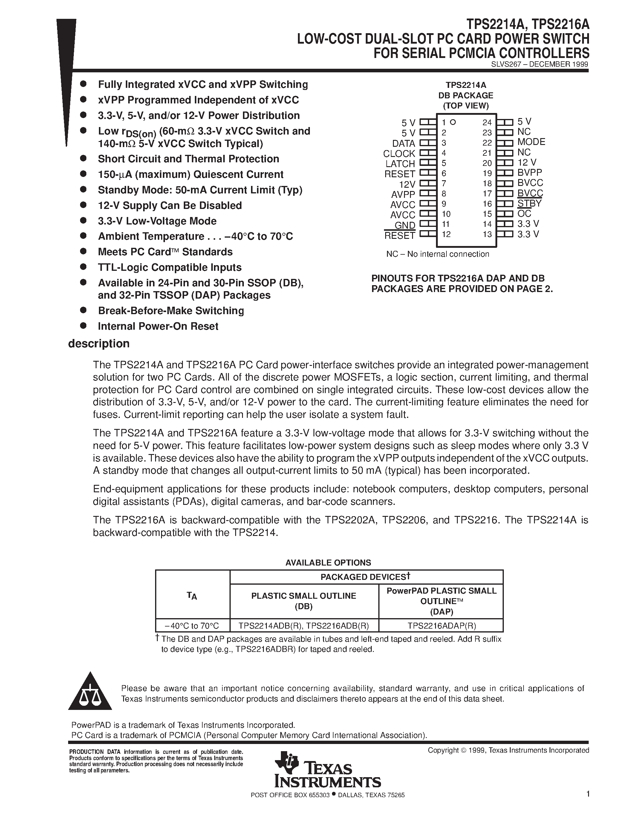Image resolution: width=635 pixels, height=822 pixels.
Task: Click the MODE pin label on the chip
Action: point(531,142)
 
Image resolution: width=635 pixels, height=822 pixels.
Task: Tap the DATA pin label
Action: point(403,143)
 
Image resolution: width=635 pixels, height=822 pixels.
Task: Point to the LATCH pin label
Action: point(400,164)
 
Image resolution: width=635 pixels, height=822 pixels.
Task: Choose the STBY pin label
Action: point(529,204)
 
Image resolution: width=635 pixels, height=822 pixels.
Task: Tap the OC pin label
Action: point(524,214)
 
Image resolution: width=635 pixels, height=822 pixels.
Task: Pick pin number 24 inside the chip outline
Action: point(487,122)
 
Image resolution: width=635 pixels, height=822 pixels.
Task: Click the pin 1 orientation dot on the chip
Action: point(453,122)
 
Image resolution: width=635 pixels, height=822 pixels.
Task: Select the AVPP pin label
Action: point(403,194)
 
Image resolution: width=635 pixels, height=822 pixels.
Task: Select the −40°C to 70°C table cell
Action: point(192,626)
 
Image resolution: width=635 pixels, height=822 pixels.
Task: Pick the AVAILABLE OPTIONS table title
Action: point(328,563)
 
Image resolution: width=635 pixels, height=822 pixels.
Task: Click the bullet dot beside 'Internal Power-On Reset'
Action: point(83,326)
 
